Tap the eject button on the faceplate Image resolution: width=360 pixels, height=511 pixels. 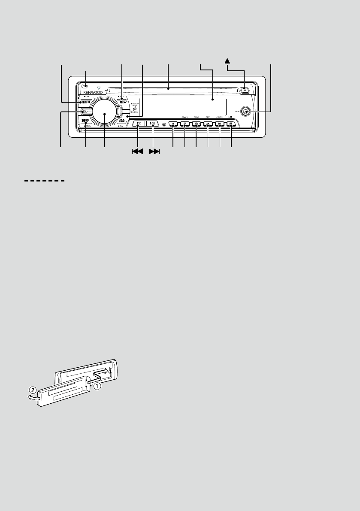click(x=244, y=90)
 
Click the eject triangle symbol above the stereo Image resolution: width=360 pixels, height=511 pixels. click(x=228, y=62)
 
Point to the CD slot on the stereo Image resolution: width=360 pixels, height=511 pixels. click(x=172, y=90)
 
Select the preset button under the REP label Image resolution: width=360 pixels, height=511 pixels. click(x=208, y=124)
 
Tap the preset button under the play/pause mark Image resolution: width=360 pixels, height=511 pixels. click(x=231, y=124)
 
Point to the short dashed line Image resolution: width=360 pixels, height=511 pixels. click(x=43, y=181)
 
